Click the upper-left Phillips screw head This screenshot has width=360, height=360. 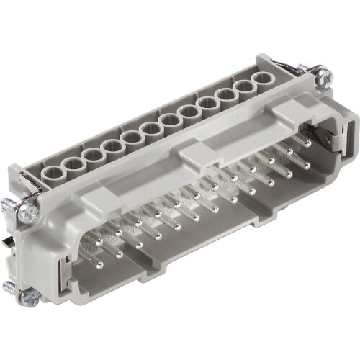(x=28, y=212)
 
